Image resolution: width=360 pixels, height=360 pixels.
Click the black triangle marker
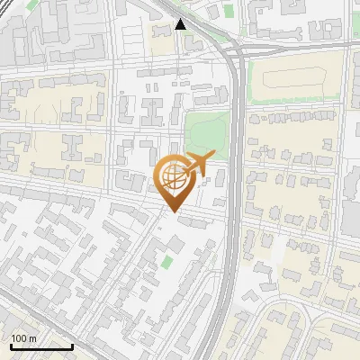181,24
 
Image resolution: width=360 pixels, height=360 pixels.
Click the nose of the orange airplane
213,157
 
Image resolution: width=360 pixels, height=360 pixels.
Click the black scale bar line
40,347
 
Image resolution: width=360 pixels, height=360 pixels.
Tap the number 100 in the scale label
18,338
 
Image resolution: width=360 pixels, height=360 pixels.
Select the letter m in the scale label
32,338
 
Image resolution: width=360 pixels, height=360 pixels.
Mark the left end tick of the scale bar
9,346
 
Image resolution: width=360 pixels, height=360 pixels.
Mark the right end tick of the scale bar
72,346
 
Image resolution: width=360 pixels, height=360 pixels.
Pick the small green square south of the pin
168,262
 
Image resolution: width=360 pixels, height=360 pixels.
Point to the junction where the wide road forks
237,54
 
